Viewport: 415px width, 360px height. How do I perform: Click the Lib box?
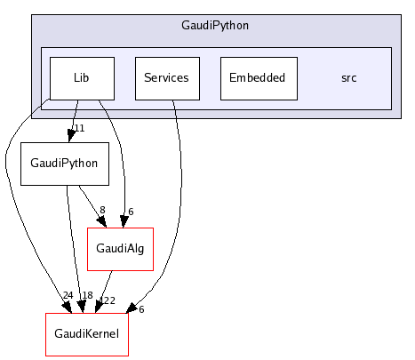[82, 78]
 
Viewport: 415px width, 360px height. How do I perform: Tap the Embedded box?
[257, 78]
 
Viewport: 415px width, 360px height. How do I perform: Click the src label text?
[349, 78]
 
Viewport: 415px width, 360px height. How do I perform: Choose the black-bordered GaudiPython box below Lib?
[64, 164]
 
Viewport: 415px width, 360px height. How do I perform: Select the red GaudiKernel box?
[86, 335]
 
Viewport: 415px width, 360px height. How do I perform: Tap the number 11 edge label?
[78, 130]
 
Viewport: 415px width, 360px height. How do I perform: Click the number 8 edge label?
[102, 211]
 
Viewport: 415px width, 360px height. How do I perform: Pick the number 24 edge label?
[68, 296]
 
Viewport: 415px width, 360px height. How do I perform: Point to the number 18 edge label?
[87, 296]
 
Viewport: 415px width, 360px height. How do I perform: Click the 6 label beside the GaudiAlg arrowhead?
[130, 211]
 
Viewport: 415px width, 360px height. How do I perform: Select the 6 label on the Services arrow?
[140, 308]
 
